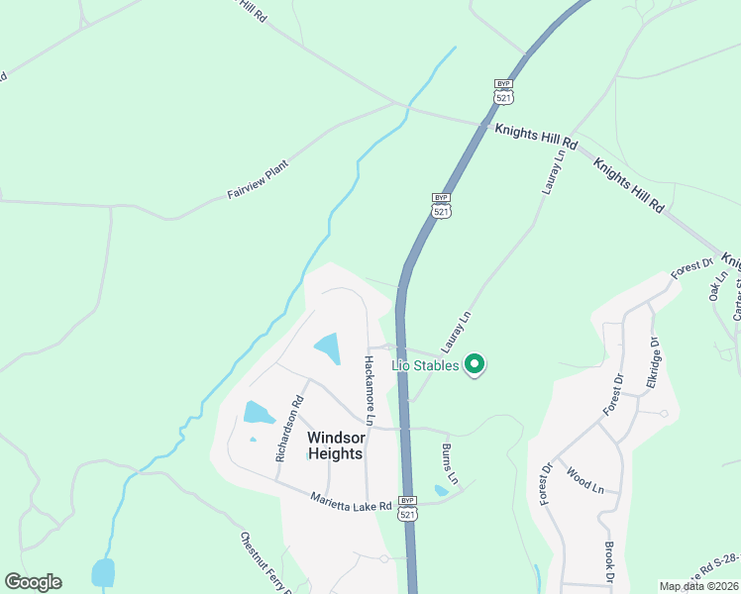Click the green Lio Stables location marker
(x=475, y=364)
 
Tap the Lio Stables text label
(x=425, y=365)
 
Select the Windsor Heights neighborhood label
(x=334, y=445)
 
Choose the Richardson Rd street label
(x=289, y=430)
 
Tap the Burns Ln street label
(x=450, y=462)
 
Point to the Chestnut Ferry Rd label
(x=264, y=564)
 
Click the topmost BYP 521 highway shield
(x=503, y=90)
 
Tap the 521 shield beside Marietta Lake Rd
(x=407, y=508)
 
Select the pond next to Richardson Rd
(x=258, y=413)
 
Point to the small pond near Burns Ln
(x=441, y=490)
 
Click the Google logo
(x=33, y=582)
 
